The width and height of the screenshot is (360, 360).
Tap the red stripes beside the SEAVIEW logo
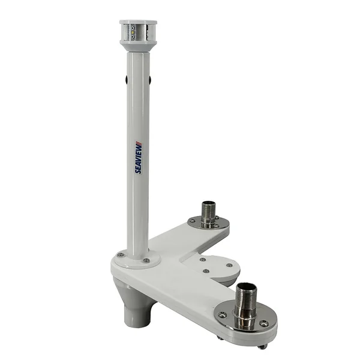click(139, 145)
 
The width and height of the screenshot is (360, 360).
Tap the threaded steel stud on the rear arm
click(208, 212)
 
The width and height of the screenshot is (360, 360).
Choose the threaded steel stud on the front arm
click(245, 303)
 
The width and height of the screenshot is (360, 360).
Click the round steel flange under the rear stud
click(208, 224)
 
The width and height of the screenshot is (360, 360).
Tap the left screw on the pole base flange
click(121, 254)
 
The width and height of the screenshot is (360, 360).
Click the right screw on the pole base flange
click(146, 260)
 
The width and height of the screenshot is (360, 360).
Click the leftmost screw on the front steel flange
click(223, 313)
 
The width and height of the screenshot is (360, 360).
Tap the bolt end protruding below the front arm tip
click(262, 346)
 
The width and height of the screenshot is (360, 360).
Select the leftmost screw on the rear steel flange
click(192, 221)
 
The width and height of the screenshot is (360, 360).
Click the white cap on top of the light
click(138, 22)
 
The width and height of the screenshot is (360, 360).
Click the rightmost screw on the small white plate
click(229, 265)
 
